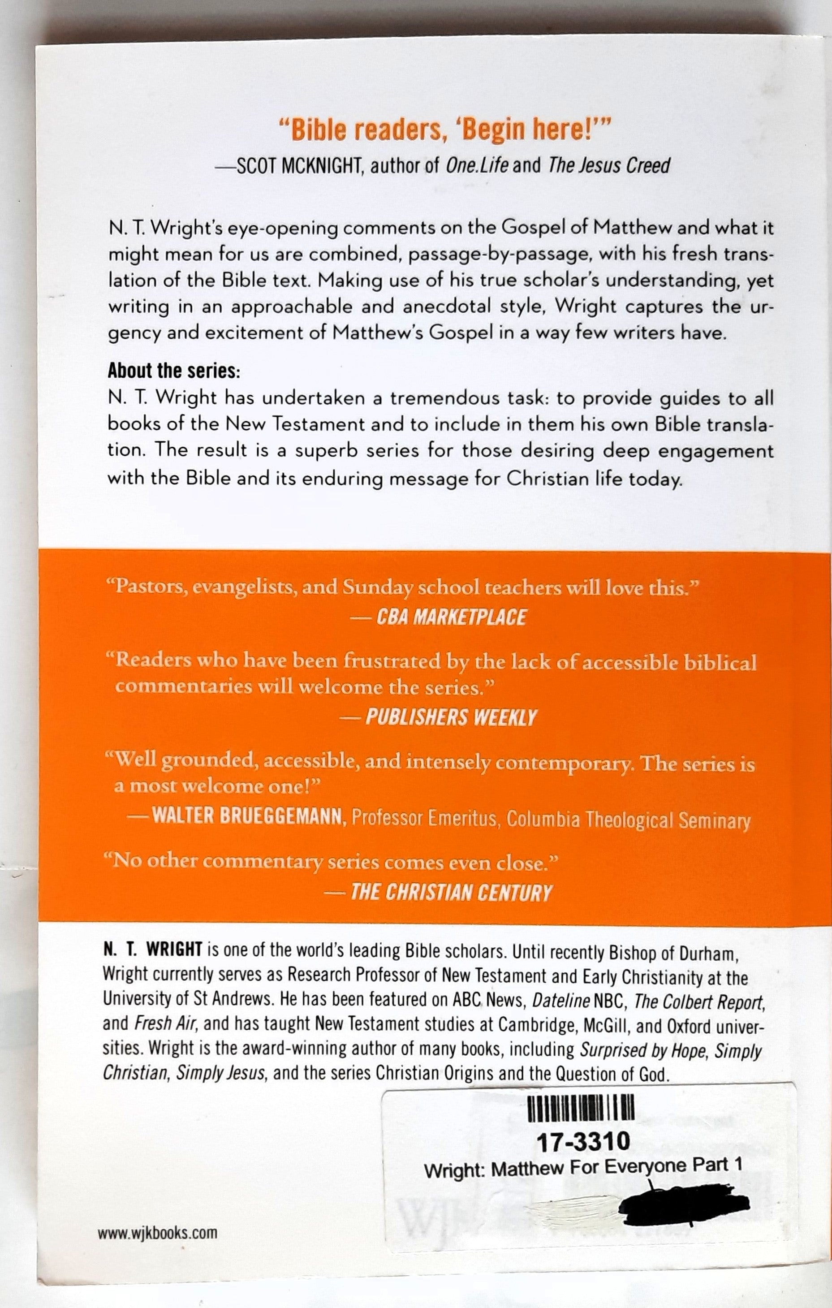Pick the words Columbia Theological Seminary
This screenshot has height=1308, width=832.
coord(627,820)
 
